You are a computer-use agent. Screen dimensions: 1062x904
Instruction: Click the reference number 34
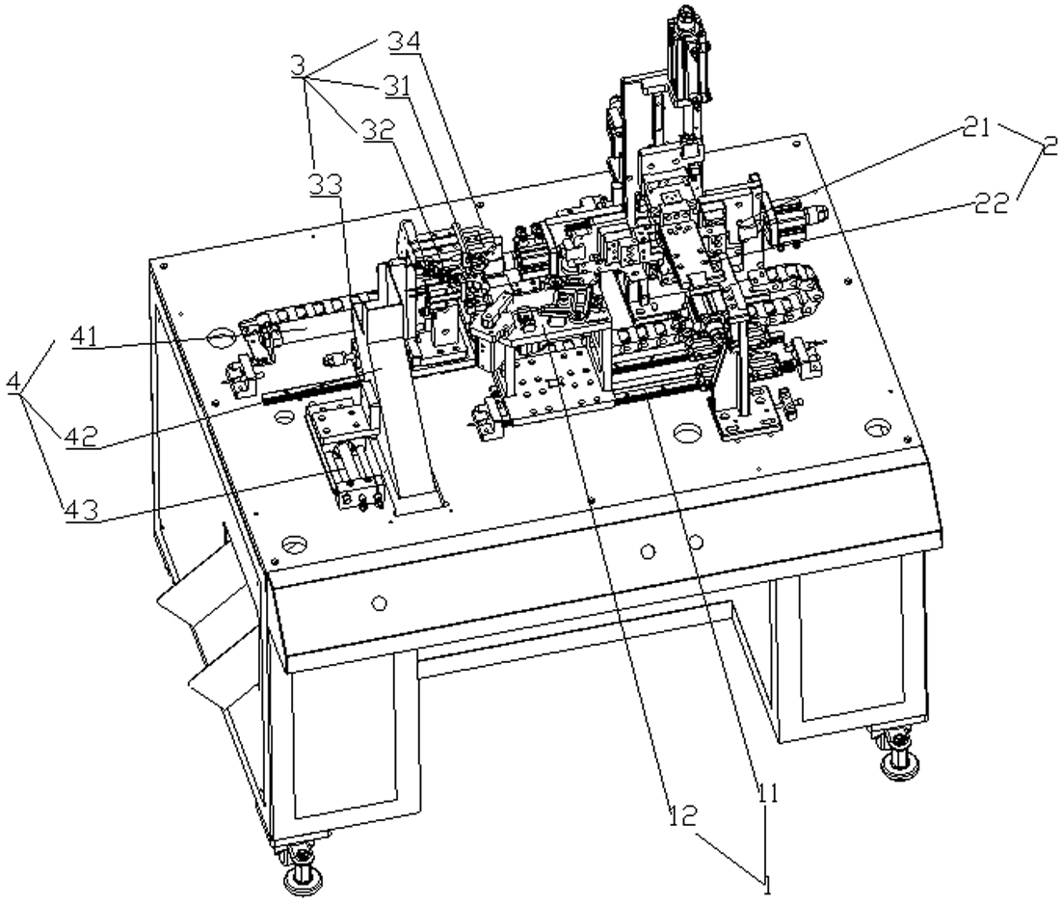point(405,41)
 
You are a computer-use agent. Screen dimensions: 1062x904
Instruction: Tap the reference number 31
point(393,86)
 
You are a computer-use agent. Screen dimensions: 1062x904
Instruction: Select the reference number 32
point(378,131)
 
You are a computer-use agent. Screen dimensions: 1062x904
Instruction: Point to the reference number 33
point(326,183)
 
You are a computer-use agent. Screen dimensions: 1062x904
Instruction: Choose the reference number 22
point(993,202)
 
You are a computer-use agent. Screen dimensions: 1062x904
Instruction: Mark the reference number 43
point(82,510)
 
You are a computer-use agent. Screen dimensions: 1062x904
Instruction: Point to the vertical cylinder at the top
point(688,58)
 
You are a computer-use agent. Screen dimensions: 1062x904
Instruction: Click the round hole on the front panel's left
point(380,602)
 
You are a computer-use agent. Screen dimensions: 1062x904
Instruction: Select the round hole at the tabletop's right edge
point(878,428)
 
